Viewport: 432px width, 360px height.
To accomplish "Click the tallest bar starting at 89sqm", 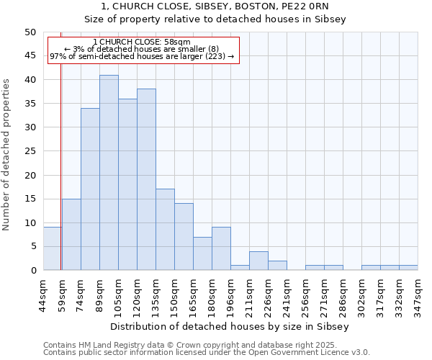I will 109,173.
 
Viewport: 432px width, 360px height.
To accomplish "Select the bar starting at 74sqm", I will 90,189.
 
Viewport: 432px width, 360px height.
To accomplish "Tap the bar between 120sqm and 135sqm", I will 146,179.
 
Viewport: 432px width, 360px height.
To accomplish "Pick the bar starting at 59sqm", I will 71,235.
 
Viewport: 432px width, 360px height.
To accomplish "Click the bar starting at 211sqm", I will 258,261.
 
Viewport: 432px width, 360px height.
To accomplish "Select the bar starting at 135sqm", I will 165,230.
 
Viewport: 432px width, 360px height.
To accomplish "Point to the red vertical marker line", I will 60,180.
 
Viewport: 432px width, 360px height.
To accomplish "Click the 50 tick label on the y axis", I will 30,32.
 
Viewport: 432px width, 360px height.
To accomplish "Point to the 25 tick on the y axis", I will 30,151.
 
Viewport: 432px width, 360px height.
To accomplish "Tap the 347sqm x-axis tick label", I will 418,294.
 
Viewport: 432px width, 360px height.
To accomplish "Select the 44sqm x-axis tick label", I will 43,294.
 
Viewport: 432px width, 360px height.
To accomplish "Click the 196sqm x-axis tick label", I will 230,294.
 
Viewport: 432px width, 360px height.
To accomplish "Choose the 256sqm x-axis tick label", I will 305,294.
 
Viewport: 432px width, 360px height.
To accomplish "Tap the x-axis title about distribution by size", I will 230,326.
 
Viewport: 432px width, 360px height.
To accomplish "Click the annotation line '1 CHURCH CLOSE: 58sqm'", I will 142,42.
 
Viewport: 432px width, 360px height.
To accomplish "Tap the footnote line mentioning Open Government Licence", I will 207,353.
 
